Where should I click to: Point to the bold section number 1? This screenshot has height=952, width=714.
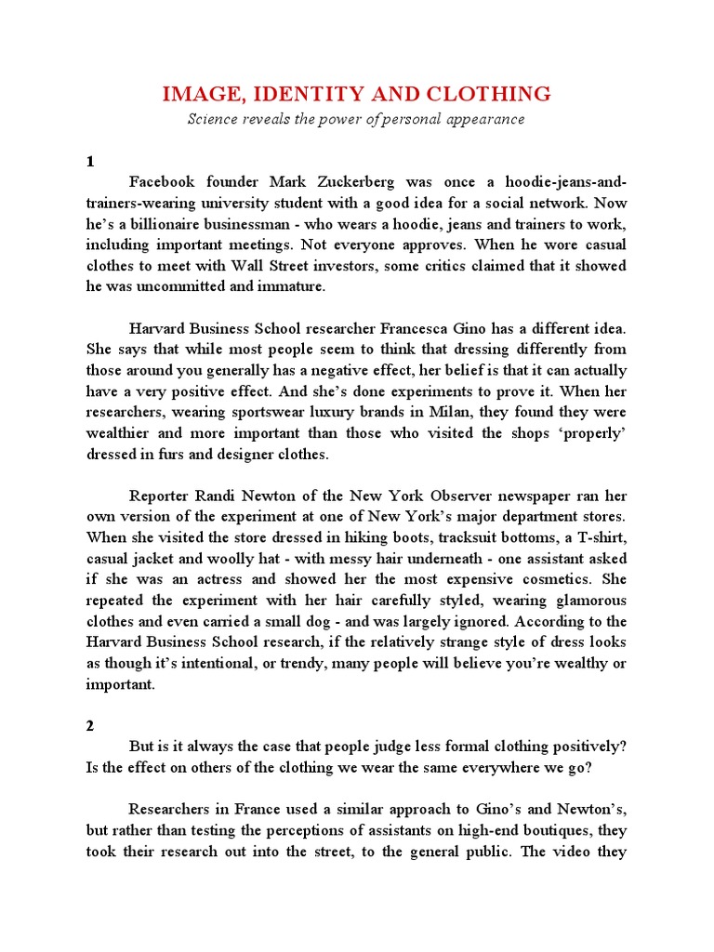pyautogui.click(x=91, y=161)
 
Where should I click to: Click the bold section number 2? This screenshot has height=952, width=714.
pyautogui.click(x=91, y=727)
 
